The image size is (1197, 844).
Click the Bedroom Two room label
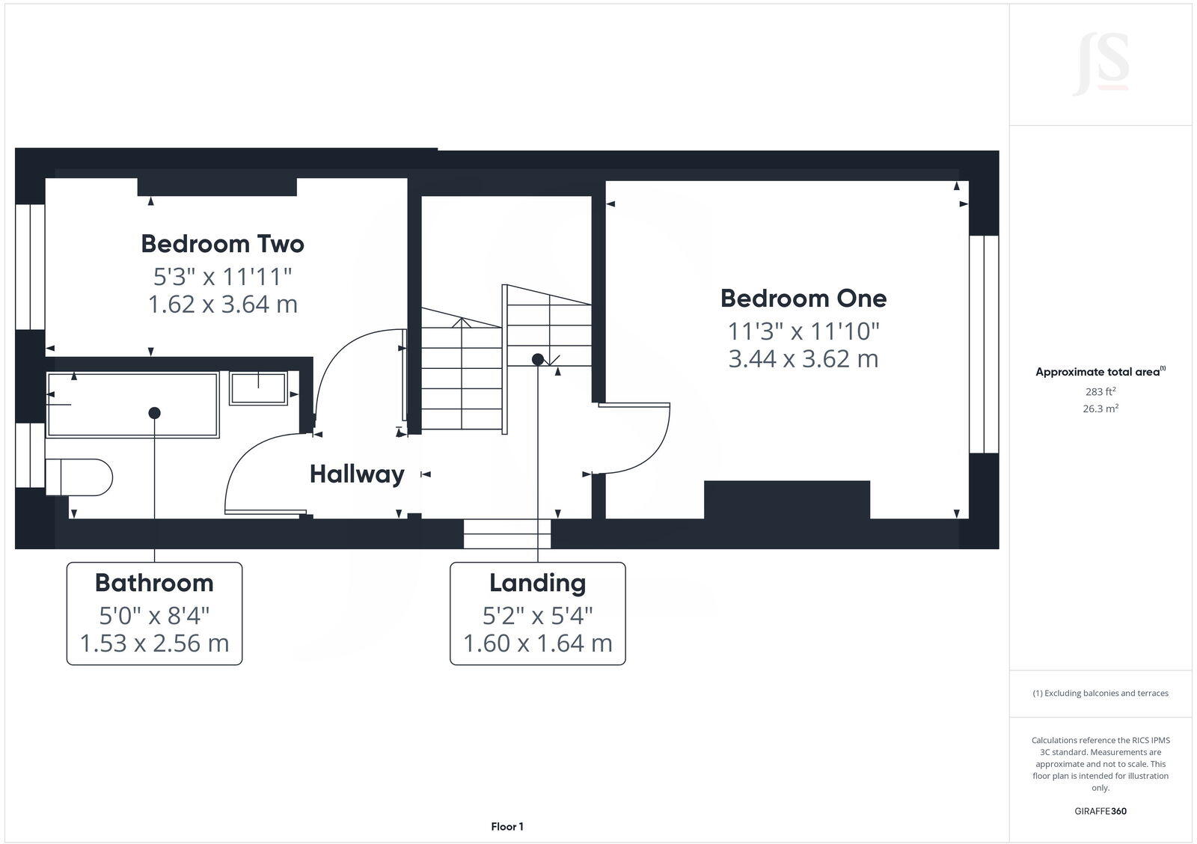tap(222, 244)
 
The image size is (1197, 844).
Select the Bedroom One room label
tap(803, 299)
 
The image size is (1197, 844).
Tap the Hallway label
tap(357, 474)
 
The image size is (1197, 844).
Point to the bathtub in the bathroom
tap(132, 404)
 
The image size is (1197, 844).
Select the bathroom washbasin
tap(258, 389)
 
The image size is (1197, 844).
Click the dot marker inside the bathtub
tap(154, 413)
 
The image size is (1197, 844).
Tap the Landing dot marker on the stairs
tap(537, 360)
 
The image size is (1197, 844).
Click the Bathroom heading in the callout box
tap(154, 583)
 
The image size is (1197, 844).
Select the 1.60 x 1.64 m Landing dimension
tap(537, 643)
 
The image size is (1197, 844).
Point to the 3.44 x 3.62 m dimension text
tap(803, 359)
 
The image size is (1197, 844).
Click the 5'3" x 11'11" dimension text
tap(222, 277)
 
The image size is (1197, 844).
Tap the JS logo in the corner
tap(1100, 64)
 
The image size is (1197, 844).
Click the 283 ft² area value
tap(1100, 391)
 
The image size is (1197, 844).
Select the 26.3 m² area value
tap(1101, 409)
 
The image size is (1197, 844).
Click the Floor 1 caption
tap(507, 827)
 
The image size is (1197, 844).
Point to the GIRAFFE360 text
tap(1100, 811)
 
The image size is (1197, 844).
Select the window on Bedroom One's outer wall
tap(984, 344)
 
